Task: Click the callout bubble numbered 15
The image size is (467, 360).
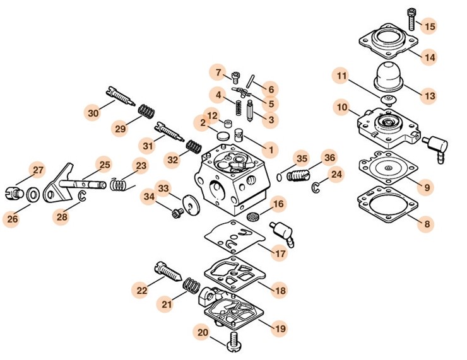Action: click(429, 26)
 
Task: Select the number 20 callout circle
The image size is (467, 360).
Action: click(202, 332)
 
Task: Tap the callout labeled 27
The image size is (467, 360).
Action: click(39, 170)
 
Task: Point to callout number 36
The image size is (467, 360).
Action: click(329, 157)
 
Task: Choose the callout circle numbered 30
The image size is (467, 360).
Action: click(93, 113)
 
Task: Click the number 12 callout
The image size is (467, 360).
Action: click(213, 116)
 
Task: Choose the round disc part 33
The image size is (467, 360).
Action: click(187, 206)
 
